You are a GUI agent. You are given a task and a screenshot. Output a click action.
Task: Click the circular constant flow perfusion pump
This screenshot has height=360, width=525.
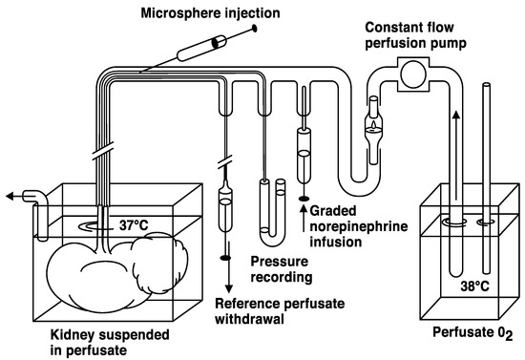[x=413, y=72]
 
